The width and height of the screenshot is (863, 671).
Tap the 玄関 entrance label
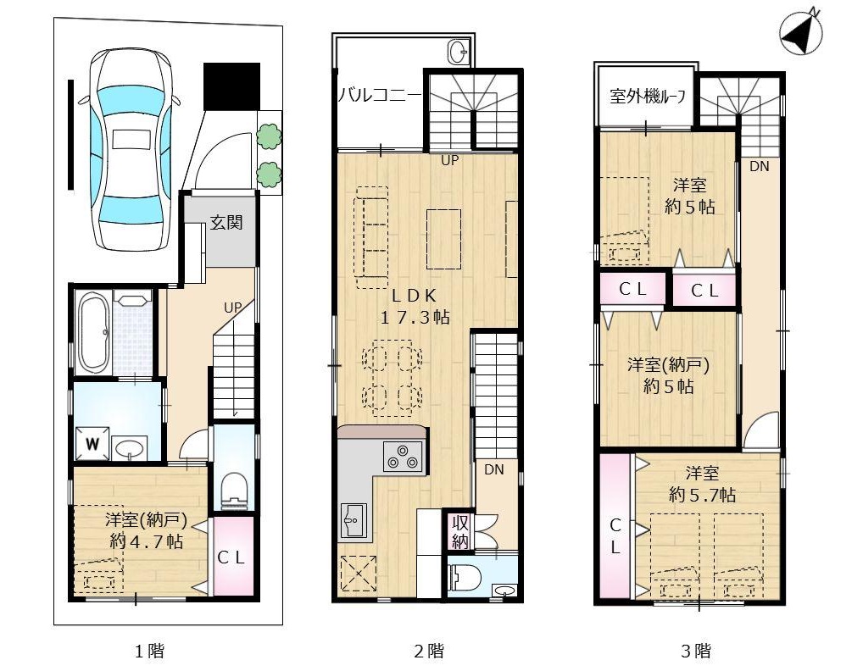point(226,223)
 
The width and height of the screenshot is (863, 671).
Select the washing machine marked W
point(92,443)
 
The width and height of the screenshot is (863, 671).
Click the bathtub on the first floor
point(92,332)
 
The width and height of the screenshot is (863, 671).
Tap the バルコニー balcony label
point(380,95)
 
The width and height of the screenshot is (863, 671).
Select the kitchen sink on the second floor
point(354,519)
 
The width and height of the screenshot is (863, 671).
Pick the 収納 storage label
point(459,531)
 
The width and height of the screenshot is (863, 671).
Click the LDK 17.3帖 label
point(414,307)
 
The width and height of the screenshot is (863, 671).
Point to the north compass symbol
point(801,34)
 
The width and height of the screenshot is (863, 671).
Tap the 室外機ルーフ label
point(648,97)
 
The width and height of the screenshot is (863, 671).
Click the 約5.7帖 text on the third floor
point(702,495)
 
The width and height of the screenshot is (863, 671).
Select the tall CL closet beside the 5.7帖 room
point(615,527)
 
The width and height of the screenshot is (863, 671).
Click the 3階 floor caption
point(696,652)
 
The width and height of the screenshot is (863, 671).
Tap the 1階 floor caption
point(149,652)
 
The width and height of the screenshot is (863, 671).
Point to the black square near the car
point(231,86)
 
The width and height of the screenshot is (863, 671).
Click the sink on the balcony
point(459,53)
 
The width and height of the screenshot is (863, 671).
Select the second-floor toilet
point(465,576)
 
